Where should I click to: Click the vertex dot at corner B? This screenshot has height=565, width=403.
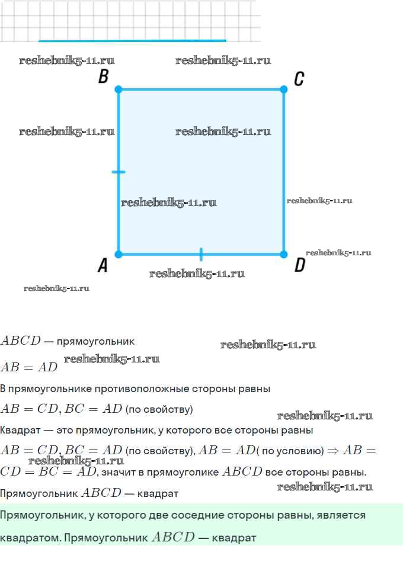pos(119,89)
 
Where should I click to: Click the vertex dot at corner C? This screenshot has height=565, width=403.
pos(283,89)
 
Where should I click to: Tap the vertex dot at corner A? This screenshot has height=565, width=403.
pos(119,254)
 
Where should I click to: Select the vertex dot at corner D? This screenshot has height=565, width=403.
pos(283,254)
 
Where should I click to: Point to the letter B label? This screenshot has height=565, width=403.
pos(103,77)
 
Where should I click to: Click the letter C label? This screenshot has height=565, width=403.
pos(299,78)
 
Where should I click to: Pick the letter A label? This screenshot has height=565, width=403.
pos(103,266)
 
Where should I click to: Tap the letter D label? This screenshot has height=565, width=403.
pos(299,265)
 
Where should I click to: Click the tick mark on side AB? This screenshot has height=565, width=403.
pos(119,172)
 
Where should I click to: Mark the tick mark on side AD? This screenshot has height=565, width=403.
pos(201,254)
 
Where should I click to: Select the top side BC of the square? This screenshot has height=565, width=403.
pos(201,89)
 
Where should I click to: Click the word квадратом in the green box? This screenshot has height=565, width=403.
pos(29,538)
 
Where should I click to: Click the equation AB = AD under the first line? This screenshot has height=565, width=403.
pos(28,367)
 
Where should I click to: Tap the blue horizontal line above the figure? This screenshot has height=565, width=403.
pos(132,41)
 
